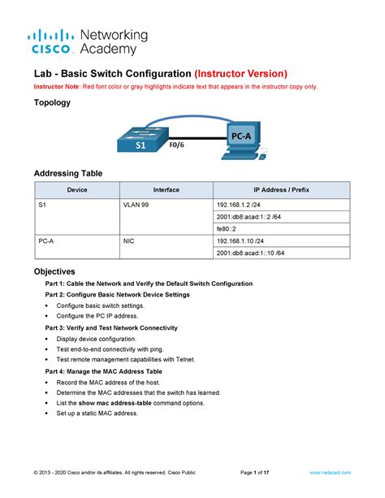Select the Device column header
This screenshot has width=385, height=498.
[x=77, y=190]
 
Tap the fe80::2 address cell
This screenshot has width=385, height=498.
[x=227, y=229]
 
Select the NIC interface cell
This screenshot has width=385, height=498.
[x=128, y=241]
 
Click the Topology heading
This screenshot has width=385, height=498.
[x=51, y=103]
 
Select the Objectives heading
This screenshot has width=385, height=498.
[x=54, y=271]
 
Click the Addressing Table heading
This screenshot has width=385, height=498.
[x=67, y=174]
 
